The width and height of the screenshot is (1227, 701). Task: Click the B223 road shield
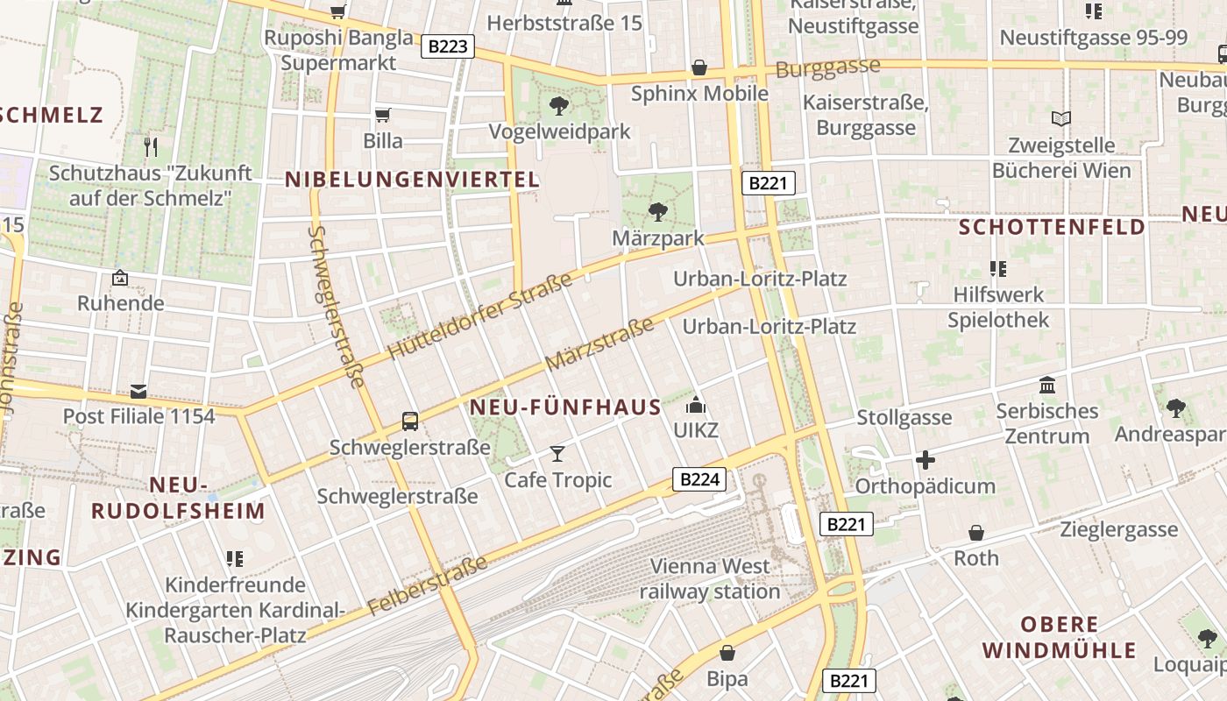point(448,46)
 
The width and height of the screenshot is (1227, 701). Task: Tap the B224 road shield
point(699,479)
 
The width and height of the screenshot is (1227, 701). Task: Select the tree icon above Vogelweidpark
point(558,107)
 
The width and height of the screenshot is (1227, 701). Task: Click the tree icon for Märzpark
point(657,212)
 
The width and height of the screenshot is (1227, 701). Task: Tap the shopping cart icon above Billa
point(383,115)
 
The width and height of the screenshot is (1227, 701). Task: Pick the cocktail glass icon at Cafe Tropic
point(557,454)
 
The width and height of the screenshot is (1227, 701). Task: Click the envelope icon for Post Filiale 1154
point(138,391)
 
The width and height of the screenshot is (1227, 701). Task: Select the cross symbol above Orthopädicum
point(925,460)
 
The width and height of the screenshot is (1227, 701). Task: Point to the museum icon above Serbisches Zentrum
point(1046,386)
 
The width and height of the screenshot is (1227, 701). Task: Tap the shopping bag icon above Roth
point(975,533)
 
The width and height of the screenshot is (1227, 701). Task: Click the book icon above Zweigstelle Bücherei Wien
point(1060,118)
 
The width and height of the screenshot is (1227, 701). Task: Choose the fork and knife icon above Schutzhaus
point(150,146)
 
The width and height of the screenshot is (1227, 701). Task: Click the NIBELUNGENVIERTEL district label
point(412,181)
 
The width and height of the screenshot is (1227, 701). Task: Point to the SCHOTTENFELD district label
point(1052,228)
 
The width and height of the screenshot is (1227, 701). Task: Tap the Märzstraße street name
point(599,343)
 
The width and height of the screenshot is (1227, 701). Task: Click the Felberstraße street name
point(427,584)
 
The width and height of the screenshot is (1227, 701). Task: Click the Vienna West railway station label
point(710,578)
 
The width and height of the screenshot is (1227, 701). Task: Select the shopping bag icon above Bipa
point(727,654)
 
